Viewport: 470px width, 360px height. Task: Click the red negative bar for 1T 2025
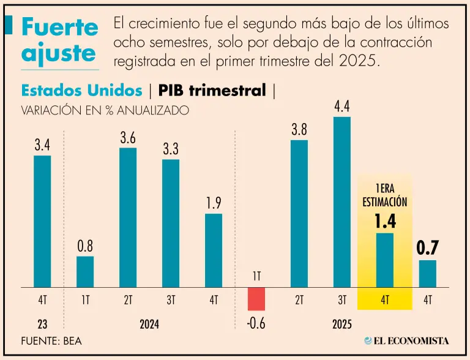point(256,299)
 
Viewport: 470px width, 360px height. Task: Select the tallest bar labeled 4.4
point(342,202)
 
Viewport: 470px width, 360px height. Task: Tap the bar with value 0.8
point(85,272)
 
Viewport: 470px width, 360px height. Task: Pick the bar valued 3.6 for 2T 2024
point(128,217)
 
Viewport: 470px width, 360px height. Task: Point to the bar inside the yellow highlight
point(385,260)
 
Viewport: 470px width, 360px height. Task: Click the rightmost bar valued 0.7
point(428,274)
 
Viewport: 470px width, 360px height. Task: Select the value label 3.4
point(42,146)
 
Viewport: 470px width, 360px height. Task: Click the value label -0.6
point(256,323)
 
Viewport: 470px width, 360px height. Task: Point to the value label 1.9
point(214,203)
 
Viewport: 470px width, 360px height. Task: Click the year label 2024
point(149,324)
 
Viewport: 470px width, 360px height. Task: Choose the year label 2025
point(342,324)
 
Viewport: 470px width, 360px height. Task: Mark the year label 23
point(42,324)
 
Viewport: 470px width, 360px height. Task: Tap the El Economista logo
point(406,341)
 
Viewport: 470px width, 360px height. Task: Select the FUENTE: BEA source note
point(51,341)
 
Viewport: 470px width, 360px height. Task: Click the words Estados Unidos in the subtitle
point(81,91)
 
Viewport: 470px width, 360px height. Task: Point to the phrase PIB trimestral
point(212,91)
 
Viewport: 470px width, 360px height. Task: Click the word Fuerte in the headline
point(60,27)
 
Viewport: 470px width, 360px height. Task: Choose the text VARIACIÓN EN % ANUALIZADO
point(105,110)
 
